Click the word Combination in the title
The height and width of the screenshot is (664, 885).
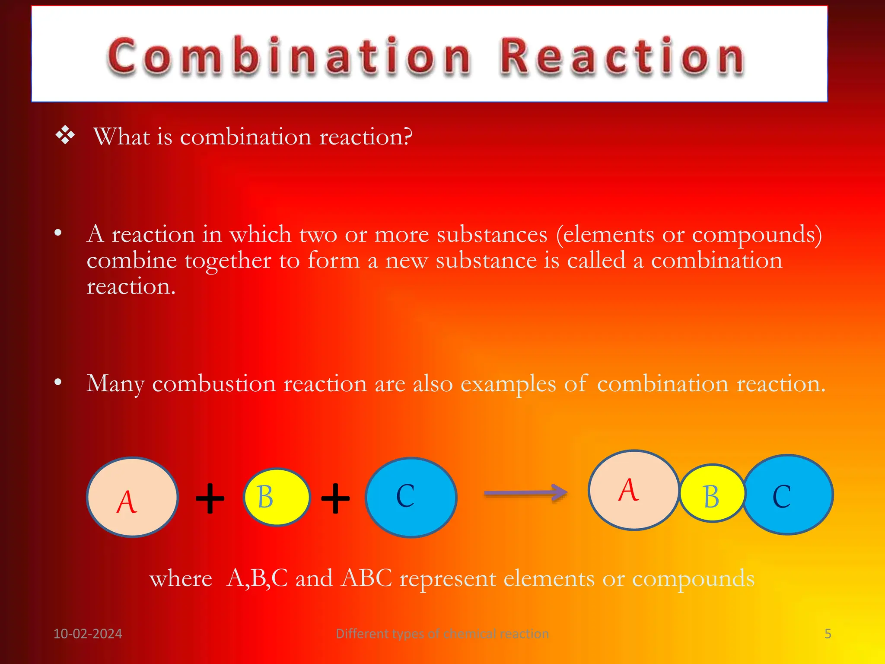point(289,57)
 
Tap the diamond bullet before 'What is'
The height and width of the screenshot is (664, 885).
point(65,136)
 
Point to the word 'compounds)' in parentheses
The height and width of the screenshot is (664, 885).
point(757,235)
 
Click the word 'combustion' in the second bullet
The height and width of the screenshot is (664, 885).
point(214,383)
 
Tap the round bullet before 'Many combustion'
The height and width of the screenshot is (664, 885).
point(58,382)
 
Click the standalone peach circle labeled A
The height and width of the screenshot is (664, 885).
point(133,497)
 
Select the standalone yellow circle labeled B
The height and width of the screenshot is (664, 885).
point(277,497)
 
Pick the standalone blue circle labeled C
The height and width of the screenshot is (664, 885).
point(411,497)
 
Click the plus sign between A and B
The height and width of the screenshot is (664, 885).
point(210,498)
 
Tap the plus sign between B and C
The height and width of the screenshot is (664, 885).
point(335,498)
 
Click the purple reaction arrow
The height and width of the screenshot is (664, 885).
point(525,493)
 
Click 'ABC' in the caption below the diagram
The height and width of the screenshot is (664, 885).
point(366,578)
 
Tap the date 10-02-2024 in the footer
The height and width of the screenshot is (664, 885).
point(88,634)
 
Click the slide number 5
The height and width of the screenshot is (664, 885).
point(828,634)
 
